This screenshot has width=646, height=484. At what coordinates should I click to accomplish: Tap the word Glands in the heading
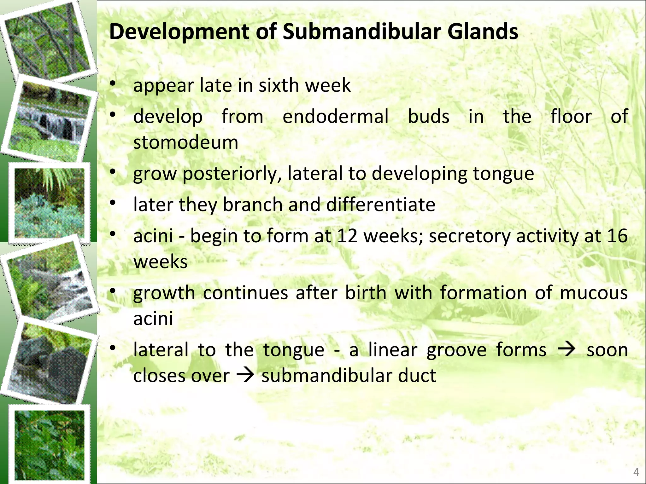(483, 32)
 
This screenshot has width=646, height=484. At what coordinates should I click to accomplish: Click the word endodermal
(335, 117)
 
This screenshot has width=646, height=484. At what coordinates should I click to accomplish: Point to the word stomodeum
(186, 142)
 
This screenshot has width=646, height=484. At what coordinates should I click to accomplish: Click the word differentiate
(381, 205)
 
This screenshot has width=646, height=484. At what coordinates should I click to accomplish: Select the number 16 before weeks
(617, 236)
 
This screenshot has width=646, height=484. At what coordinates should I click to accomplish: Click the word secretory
(470, 236)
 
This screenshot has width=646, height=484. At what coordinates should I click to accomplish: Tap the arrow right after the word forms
(567, 350)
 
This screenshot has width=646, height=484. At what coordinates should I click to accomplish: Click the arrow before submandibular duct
(245, 376)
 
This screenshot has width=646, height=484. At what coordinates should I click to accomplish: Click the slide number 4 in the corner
(636, 472)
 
